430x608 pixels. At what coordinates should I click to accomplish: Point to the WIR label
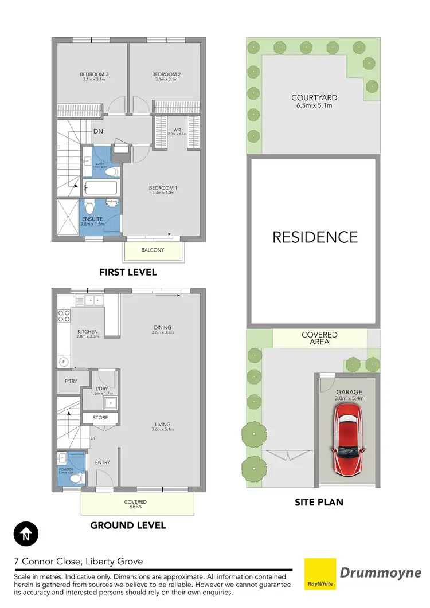pyautogui.click(x=177, y=131)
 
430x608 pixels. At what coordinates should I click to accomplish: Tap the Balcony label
pyautogui.click(x=153, y=250)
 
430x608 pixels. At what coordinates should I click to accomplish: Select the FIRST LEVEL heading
pyautogui.click(x=128, y=272)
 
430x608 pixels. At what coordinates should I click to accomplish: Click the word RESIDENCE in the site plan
pyautogui.click(x=315, y=237)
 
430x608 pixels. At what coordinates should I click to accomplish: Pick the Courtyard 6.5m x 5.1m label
pyautogui.click(x=312, y=101)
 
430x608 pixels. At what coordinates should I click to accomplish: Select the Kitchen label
pyautogui.click(x=88, y=334)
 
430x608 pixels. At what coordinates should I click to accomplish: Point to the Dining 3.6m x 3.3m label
pyautogui.click(x=162, y=329)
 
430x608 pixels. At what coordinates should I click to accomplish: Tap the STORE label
pyautogui.click(x=100, y=418)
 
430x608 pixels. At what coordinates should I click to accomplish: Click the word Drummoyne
pyautogui.click(x=381, y=572)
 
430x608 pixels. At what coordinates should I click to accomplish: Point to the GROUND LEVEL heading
pyautogui.click(x=128, y=525)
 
